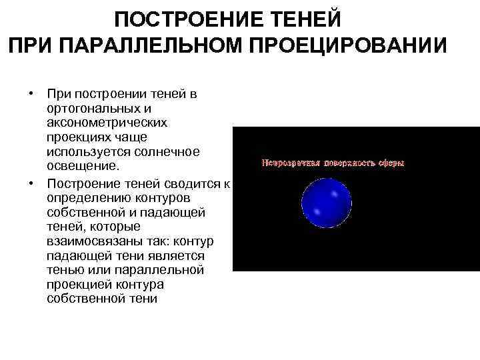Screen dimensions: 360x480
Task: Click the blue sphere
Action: (x=326, y=204)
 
